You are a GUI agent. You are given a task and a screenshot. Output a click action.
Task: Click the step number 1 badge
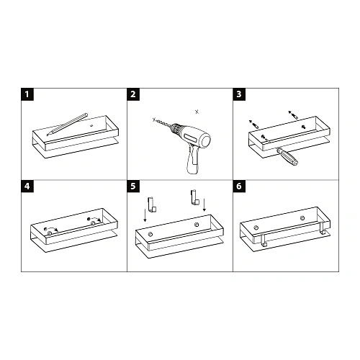coord(27,95)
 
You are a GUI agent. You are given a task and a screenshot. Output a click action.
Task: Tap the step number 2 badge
coord(133,95)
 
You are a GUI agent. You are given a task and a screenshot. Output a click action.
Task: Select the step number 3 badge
coord(239,95)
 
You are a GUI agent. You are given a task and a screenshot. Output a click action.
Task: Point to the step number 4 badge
coord(27,186)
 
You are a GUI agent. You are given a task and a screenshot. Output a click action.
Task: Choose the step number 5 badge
coord(133,186)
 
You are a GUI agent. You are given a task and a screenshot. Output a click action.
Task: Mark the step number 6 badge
coord(239,186)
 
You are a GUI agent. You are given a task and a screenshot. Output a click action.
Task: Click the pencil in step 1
coord(67,123)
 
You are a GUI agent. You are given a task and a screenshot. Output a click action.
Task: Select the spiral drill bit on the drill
coord(165,127)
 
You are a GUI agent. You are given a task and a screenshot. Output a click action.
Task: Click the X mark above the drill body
coord(197,111)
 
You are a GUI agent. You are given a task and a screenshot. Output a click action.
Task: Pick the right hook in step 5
coord(194,194)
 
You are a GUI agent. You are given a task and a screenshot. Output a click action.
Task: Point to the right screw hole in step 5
coord(195,226)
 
